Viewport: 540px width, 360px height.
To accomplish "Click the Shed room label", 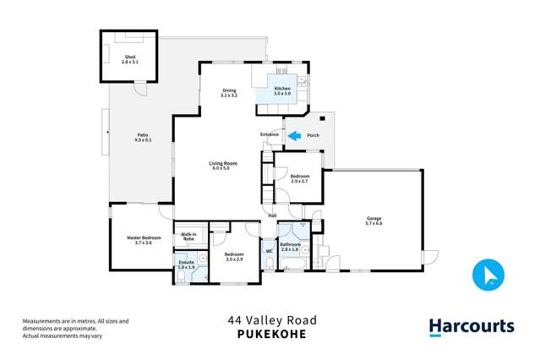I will tap(129, 57).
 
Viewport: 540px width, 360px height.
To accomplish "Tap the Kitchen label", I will tap(282, 89).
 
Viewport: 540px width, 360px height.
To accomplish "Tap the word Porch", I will tap(313, 134).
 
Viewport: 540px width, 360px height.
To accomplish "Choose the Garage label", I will tap(374, 219).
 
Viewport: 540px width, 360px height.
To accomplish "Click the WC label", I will tap(269, 251).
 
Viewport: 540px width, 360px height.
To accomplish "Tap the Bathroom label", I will tap(290, 244).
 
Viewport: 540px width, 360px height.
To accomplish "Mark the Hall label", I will tap(272, 215).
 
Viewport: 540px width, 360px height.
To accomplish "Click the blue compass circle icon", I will tap(488, 274).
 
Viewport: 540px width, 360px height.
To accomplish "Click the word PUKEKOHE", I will tap(270, 334).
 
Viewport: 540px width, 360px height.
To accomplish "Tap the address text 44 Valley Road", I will tap(270, 320).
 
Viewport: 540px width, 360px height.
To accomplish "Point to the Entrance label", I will tap(270, 134).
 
